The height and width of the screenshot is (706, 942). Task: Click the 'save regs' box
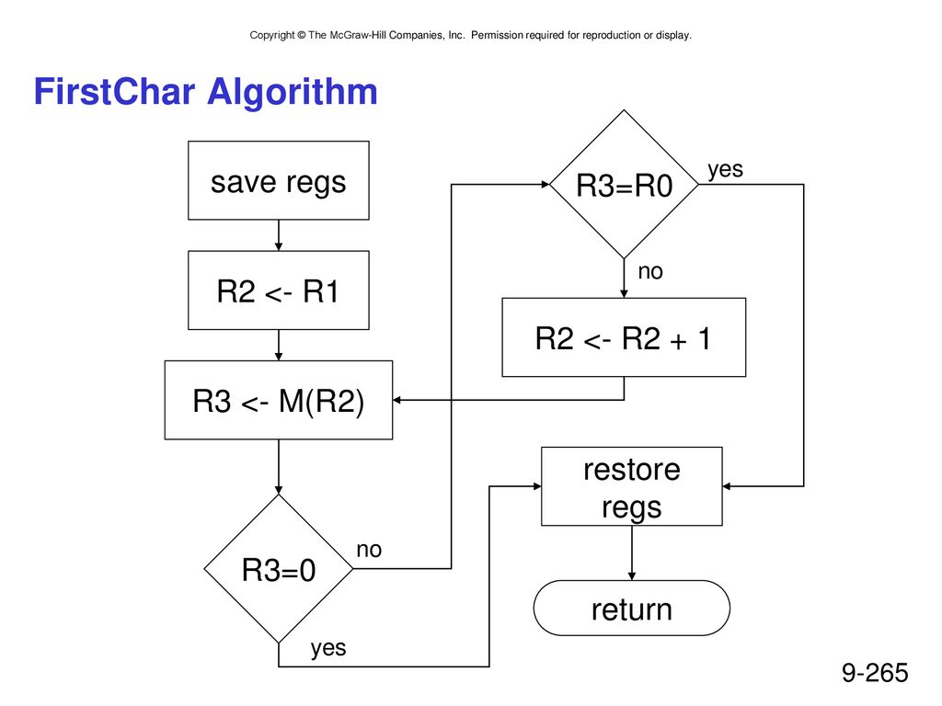tap(278, 180)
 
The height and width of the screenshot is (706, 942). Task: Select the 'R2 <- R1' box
tap(278, 290)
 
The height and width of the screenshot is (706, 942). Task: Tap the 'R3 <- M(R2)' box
tap(278, 400)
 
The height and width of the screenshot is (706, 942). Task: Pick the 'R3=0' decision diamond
tap(278, 568)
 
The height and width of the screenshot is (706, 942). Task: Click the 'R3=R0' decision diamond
tap(624, 184)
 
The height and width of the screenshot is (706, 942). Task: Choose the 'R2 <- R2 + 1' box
tap(624, 337)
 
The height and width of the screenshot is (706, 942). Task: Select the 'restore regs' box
tap(631, 486)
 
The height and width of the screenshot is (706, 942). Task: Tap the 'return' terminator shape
tap(631, 609)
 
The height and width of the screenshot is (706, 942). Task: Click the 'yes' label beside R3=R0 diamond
tap(725, 169)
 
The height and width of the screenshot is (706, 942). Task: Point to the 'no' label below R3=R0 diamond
tap(650, 271)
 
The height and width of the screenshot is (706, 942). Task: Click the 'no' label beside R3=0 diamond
tap(369, 550)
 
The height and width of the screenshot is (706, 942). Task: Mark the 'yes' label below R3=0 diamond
tap(328, 648)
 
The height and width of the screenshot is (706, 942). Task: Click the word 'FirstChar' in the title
tap(114, 91)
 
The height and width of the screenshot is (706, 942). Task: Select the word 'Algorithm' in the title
tap(292, 93)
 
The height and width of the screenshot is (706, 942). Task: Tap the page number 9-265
tap(875, 672)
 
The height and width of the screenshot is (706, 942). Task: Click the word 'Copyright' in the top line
tap(272, 36)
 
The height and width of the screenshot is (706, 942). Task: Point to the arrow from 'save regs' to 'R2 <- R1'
tap(278, 235)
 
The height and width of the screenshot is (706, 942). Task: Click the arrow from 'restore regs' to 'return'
tap(631, 552)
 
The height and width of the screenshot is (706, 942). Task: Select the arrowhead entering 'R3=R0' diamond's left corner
tap(546, 184)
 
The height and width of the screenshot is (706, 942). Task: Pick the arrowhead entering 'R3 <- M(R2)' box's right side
tap(397, 400)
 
